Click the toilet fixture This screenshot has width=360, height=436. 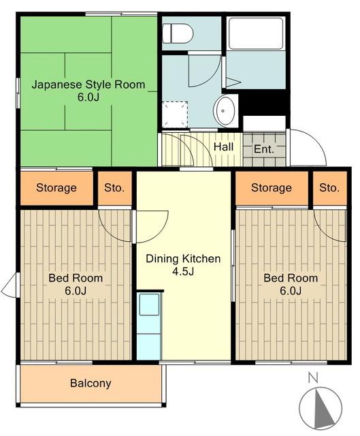point(178,33)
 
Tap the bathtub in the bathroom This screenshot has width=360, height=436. point(256,33)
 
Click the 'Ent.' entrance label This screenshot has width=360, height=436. point(264,149)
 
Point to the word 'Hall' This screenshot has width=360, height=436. point(223,146)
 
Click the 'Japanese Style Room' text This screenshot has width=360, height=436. point(88,84)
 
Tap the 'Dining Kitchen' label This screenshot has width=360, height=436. point(183,259)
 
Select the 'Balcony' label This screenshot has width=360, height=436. point(91,383)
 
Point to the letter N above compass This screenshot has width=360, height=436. point(313,378)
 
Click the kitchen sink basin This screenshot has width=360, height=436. point(149,305)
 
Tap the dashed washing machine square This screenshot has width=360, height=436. point(175,114)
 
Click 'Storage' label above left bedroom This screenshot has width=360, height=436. point(56,188)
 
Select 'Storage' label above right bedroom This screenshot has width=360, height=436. point(272,188)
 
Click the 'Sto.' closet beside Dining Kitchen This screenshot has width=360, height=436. point(114,188)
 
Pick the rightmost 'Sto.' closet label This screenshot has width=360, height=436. point(329,188)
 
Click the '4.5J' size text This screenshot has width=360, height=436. point(183,271)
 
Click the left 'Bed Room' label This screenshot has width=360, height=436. point(76,278)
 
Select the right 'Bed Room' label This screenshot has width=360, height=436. point(291,278)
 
